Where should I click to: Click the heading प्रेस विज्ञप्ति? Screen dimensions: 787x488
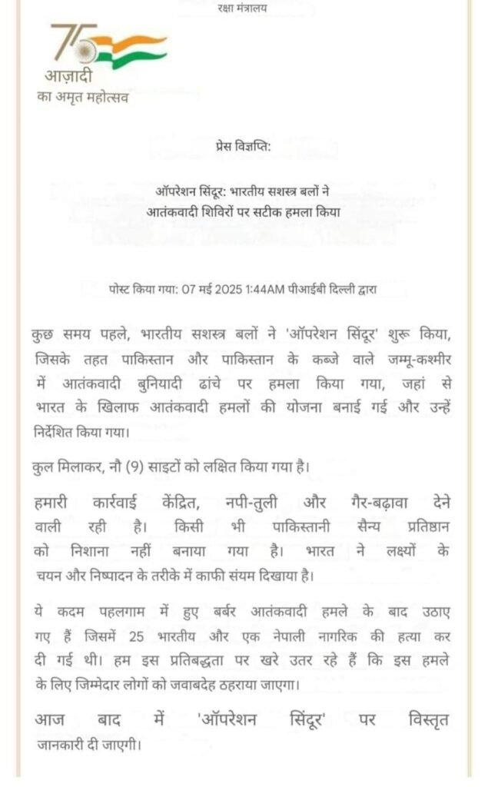[244, 146]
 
